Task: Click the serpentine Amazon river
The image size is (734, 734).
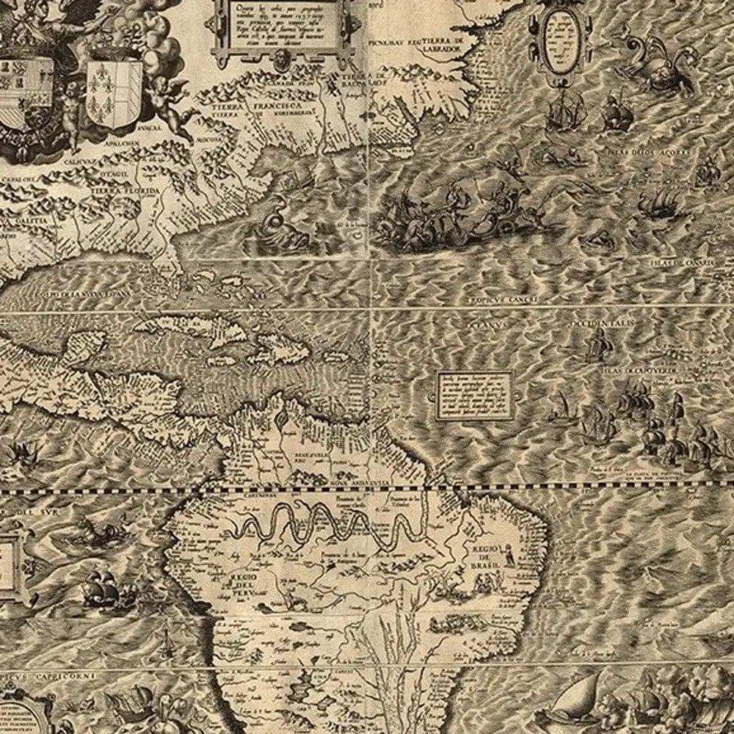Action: (323, 525)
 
